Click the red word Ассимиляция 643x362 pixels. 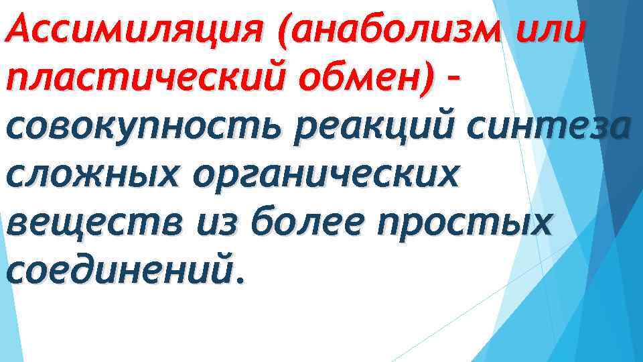(x=133, y=29)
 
